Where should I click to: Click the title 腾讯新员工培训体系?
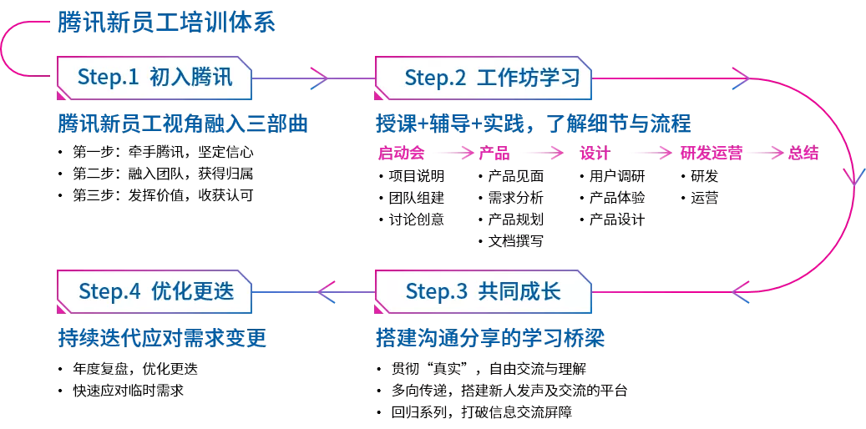tap(166, 23)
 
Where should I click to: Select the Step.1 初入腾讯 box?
tap(154, 78)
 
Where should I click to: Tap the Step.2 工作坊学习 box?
tap(484, 78)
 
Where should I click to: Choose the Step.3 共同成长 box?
tap(484, 291)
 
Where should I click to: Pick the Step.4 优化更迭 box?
tap(154, 291)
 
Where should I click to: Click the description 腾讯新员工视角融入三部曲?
tap(183, 124)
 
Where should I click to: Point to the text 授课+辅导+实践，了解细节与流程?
tap(534, 124)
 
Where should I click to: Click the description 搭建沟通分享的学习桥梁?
tap(490, 339)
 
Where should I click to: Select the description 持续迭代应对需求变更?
tap(162, 339)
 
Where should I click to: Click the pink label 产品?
tap(494, 154)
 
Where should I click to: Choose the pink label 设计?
tap(595, 154)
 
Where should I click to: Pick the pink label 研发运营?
tap(711, 154)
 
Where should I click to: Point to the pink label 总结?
tap(803, 154)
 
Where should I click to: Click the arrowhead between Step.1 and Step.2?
tap(320, 78)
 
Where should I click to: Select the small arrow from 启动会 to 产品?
tap(452, 154)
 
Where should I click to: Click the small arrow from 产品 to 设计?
tap(543, 154)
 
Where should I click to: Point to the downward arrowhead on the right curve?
tap(853, 177)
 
